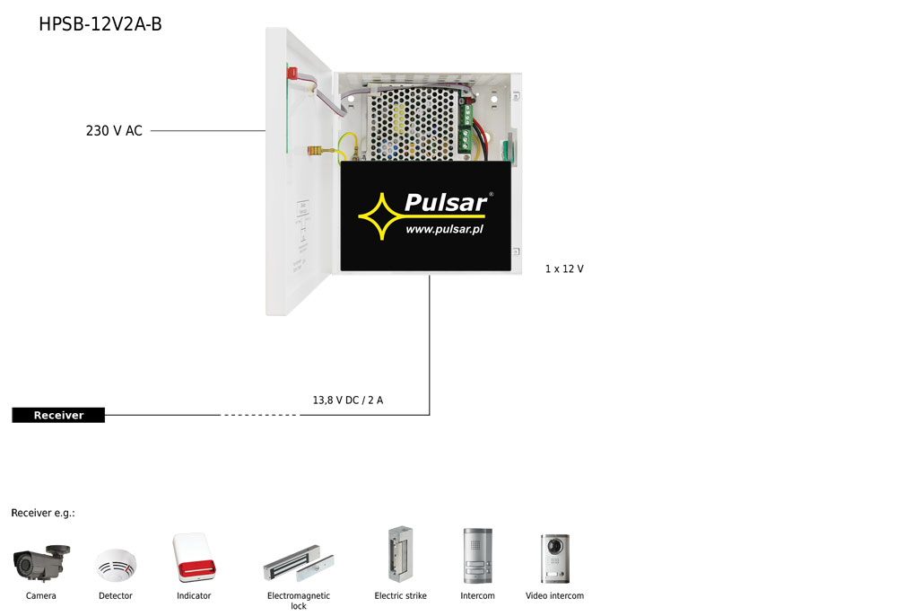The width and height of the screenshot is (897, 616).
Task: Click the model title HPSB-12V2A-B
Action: click(x=100, y=24)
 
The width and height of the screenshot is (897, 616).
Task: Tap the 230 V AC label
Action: click(x=114, y=131)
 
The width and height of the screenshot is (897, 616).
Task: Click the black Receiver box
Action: click(x=58, y=415)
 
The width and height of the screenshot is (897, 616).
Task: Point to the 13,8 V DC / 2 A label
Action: click(x=347, y=400)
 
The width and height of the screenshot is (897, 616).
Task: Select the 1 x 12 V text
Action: click(x=564, y=268)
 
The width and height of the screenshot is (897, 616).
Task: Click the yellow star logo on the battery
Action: click(x=380, y=216)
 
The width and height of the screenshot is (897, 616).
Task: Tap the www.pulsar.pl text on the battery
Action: click(x=444, y=230)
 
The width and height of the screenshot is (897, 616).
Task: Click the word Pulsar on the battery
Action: click(x=445, y=202)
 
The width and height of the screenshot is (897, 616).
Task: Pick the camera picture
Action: click(x=41, y=562)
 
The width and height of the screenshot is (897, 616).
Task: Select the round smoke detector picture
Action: click(x=116, y=565)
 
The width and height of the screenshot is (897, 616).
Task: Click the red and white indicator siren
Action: click(x=194, y=559)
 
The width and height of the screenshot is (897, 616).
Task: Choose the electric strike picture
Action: click(x=395, y=555)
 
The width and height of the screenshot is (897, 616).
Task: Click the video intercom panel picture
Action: click(x=554, y=558)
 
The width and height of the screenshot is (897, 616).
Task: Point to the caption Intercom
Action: click(x=477, y=596)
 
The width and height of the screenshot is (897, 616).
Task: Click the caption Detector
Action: click(x=116, y=596)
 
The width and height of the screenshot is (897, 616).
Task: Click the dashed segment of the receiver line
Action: click(x=260, y=415)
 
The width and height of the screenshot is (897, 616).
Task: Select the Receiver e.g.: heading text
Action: click(x=43, y=513)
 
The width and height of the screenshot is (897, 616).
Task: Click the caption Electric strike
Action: click(x=400, y=596)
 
